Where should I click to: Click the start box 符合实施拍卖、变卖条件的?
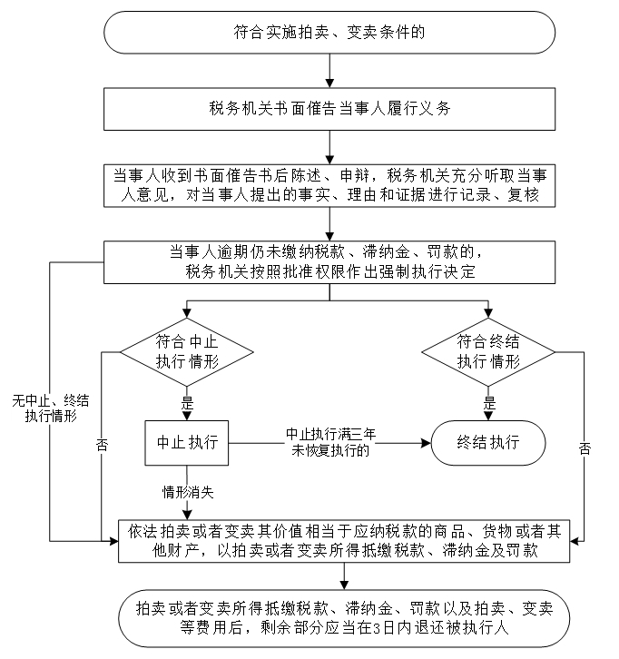[x=329, y=33]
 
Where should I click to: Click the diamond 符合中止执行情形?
[x=186, y=351]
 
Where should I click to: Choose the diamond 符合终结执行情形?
[x=489, y=351]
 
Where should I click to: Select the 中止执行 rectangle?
[x=187, y=443]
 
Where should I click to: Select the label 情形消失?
[x=187, y=493]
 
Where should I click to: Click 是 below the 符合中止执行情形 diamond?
[x=188, y=401]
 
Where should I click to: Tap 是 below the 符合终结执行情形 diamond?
[x=489, y=401]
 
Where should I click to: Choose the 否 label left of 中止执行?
[x=101, y=447]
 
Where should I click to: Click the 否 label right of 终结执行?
[x=585, y=448]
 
